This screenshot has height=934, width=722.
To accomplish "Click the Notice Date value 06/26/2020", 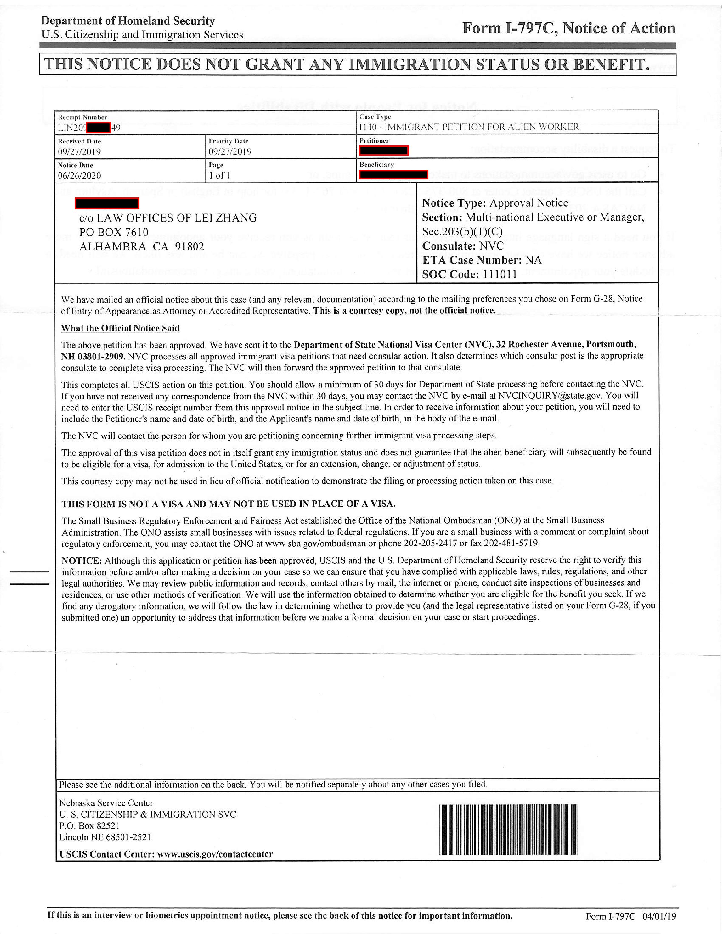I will coord(80,176).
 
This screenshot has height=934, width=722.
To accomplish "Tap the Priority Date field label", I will coord(228,141).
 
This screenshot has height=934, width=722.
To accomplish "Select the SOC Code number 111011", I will coord(499,274).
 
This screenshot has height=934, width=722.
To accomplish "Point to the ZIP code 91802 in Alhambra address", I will coord(189,247).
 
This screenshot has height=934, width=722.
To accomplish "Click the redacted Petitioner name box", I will coord(384,151).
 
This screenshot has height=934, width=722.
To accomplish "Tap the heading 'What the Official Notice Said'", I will coord(120,328).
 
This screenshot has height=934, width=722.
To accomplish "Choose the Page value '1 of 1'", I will coord(219,176).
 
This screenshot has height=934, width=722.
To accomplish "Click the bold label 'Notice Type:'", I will coord(454,203).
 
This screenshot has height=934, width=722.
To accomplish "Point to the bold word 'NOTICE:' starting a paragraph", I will coord(81,561).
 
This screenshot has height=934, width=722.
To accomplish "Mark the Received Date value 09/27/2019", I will coord(80,152).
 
